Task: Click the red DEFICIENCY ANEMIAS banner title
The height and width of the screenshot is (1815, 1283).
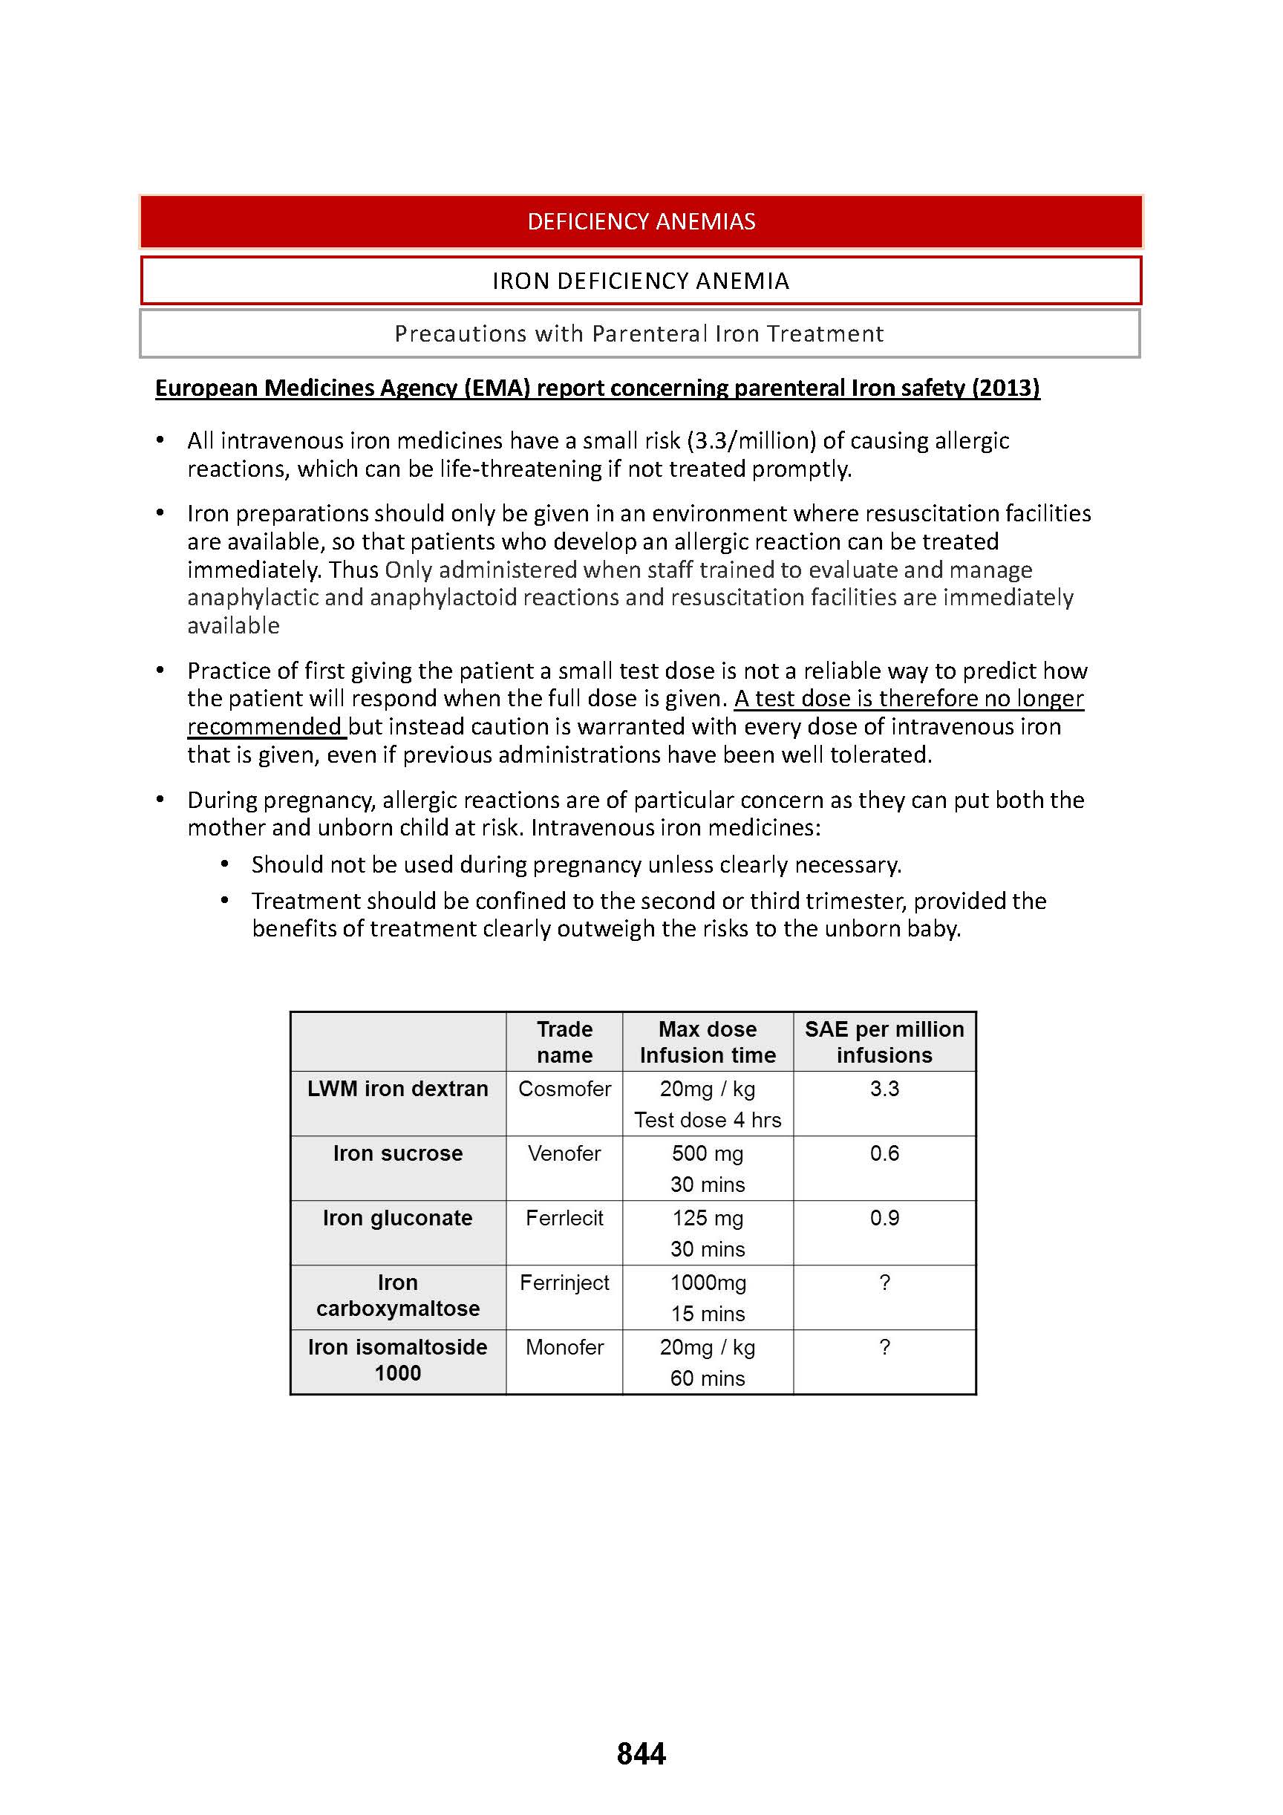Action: point(641,221)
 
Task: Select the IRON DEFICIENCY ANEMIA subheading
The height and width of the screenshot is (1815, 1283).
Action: point(641,281)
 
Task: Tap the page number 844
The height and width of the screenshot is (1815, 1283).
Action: point(641,1753)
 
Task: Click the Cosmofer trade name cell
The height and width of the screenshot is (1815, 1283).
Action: point(564,1089)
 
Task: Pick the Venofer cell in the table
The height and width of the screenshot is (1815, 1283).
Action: point(564,1153)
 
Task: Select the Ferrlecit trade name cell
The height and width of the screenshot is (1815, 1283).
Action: point(564,1217)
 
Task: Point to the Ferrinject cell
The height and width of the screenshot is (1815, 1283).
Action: point(564,1283)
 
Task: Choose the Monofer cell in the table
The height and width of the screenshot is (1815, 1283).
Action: point(564,1347)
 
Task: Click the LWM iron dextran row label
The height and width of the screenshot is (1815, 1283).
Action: point(398,1089)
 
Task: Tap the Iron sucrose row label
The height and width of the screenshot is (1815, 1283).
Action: point(398,1153)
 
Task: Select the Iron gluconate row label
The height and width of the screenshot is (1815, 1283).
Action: point(398,1217)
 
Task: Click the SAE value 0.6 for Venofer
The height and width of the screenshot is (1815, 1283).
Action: point(884,1153)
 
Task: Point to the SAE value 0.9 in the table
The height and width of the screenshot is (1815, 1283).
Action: point(884,1217)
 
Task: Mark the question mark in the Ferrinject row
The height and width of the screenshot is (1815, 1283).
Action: point(884,1283)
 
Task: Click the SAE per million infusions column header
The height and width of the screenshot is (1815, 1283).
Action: point(884,1042)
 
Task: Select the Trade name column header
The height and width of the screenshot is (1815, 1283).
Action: point(564,1042)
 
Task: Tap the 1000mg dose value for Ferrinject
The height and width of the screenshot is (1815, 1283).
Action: point(708,1283)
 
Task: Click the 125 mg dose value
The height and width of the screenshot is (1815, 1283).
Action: point(708,1217)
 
